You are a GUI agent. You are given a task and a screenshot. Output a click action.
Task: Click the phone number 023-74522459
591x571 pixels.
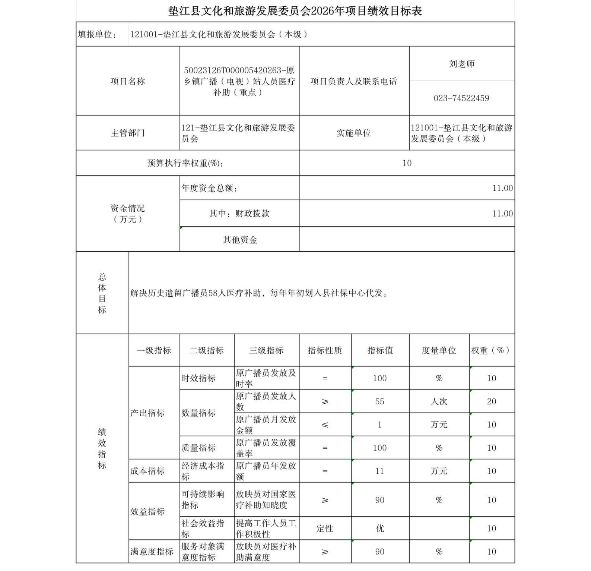coord(461,98)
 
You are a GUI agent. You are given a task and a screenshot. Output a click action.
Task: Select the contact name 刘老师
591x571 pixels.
coord(461,64)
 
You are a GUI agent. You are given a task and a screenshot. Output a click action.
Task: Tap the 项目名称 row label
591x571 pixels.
coord(128,81)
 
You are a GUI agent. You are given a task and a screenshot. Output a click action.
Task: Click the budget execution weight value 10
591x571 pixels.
coord(407,163)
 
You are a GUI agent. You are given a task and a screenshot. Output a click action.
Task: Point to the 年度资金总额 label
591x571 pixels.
coord(210,188)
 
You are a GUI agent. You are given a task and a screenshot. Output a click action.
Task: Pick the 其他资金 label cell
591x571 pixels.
coord(240,240)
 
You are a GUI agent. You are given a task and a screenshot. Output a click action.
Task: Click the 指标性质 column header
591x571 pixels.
coord(325,350)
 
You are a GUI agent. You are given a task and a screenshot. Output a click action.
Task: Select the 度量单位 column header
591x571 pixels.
coord(439,350)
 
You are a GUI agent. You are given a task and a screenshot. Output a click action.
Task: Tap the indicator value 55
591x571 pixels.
coord(379,401)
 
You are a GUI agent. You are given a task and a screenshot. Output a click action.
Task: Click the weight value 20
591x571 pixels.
coord(491,401)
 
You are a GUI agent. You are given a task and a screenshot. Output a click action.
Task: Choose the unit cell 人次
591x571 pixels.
coord(439,401)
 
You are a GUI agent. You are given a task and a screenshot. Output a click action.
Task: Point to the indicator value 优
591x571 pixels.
coord(379,529)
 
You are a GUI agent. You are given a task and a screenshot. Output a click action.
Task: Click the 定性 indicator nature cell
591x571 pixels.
coord(325,529)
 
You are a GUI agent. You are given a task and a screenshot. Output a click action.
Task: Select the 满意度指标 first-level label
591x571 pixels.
coord(152,552)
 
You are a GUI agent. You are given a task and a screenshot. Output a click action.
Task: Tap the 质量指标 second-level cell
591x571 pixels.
coord(198,448)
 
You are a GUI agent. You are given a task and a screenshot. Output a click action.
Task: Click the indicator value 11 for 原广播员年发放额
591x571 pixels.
coord(379,471)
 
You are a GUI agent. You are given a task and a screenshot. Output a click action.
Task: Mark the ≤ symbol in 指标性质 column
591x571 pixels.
coord(325,425)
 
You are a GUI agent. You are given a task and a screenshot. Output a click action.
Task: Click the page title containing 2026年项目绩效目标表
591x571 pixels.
coord(295,11)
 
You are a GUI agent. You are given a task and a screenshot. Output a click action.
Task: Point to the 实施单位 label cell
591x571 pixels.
coord(353,133)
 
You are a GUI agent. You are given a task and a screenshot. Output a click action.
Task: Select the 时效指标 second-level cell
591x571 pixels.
coord(198,378)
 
